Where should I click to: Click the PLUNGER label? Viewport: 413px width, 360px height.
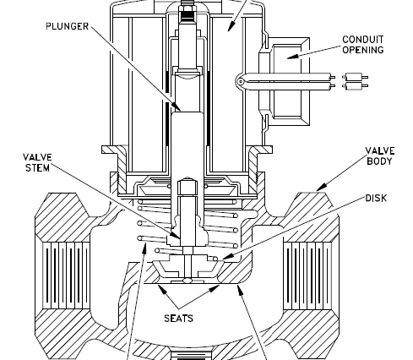67,26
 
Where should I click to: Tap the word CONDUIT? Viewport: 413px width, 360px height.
363,40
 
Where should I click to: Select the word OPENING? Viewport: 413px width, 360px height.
363,50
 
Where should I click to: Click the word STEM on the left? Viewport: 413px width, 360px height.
37,168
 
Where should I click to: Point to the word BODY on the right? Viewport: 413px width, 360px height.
379,161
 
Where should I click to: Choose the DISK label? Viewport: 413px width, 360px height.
376,199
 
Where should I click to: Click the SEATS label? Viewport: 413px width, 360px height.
178,319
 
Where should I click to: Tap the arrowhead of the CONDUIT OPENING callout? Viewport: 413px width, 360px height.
292,57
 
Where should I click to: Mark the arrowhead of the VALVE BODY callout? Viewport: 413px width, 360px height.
321,188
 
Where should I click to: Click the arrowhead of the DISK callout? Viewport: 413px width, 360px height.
227,256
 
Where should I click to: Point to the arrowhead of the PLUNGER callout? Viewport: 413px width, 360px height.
177,107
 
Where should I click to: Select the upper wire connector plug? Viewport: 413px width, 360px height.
355,77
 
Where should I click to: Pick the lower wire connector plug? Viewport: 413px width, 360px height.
355,85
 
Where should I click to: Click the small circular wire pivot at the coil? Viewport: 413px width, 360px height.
241,82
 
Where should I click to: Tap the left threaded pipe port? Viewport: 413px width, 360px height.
66,275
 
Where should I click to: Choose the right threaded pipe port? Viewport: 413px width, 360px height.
307,275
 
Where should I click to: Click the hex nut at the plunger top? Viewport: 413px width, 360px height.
187,11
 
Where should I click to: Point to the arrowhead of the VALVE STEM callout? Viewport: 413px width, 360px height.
176,236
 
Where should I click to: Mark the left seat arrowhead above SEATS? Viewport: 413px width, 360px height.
161,288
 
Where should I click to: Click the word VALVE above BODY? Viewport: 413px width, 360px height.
380,150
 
